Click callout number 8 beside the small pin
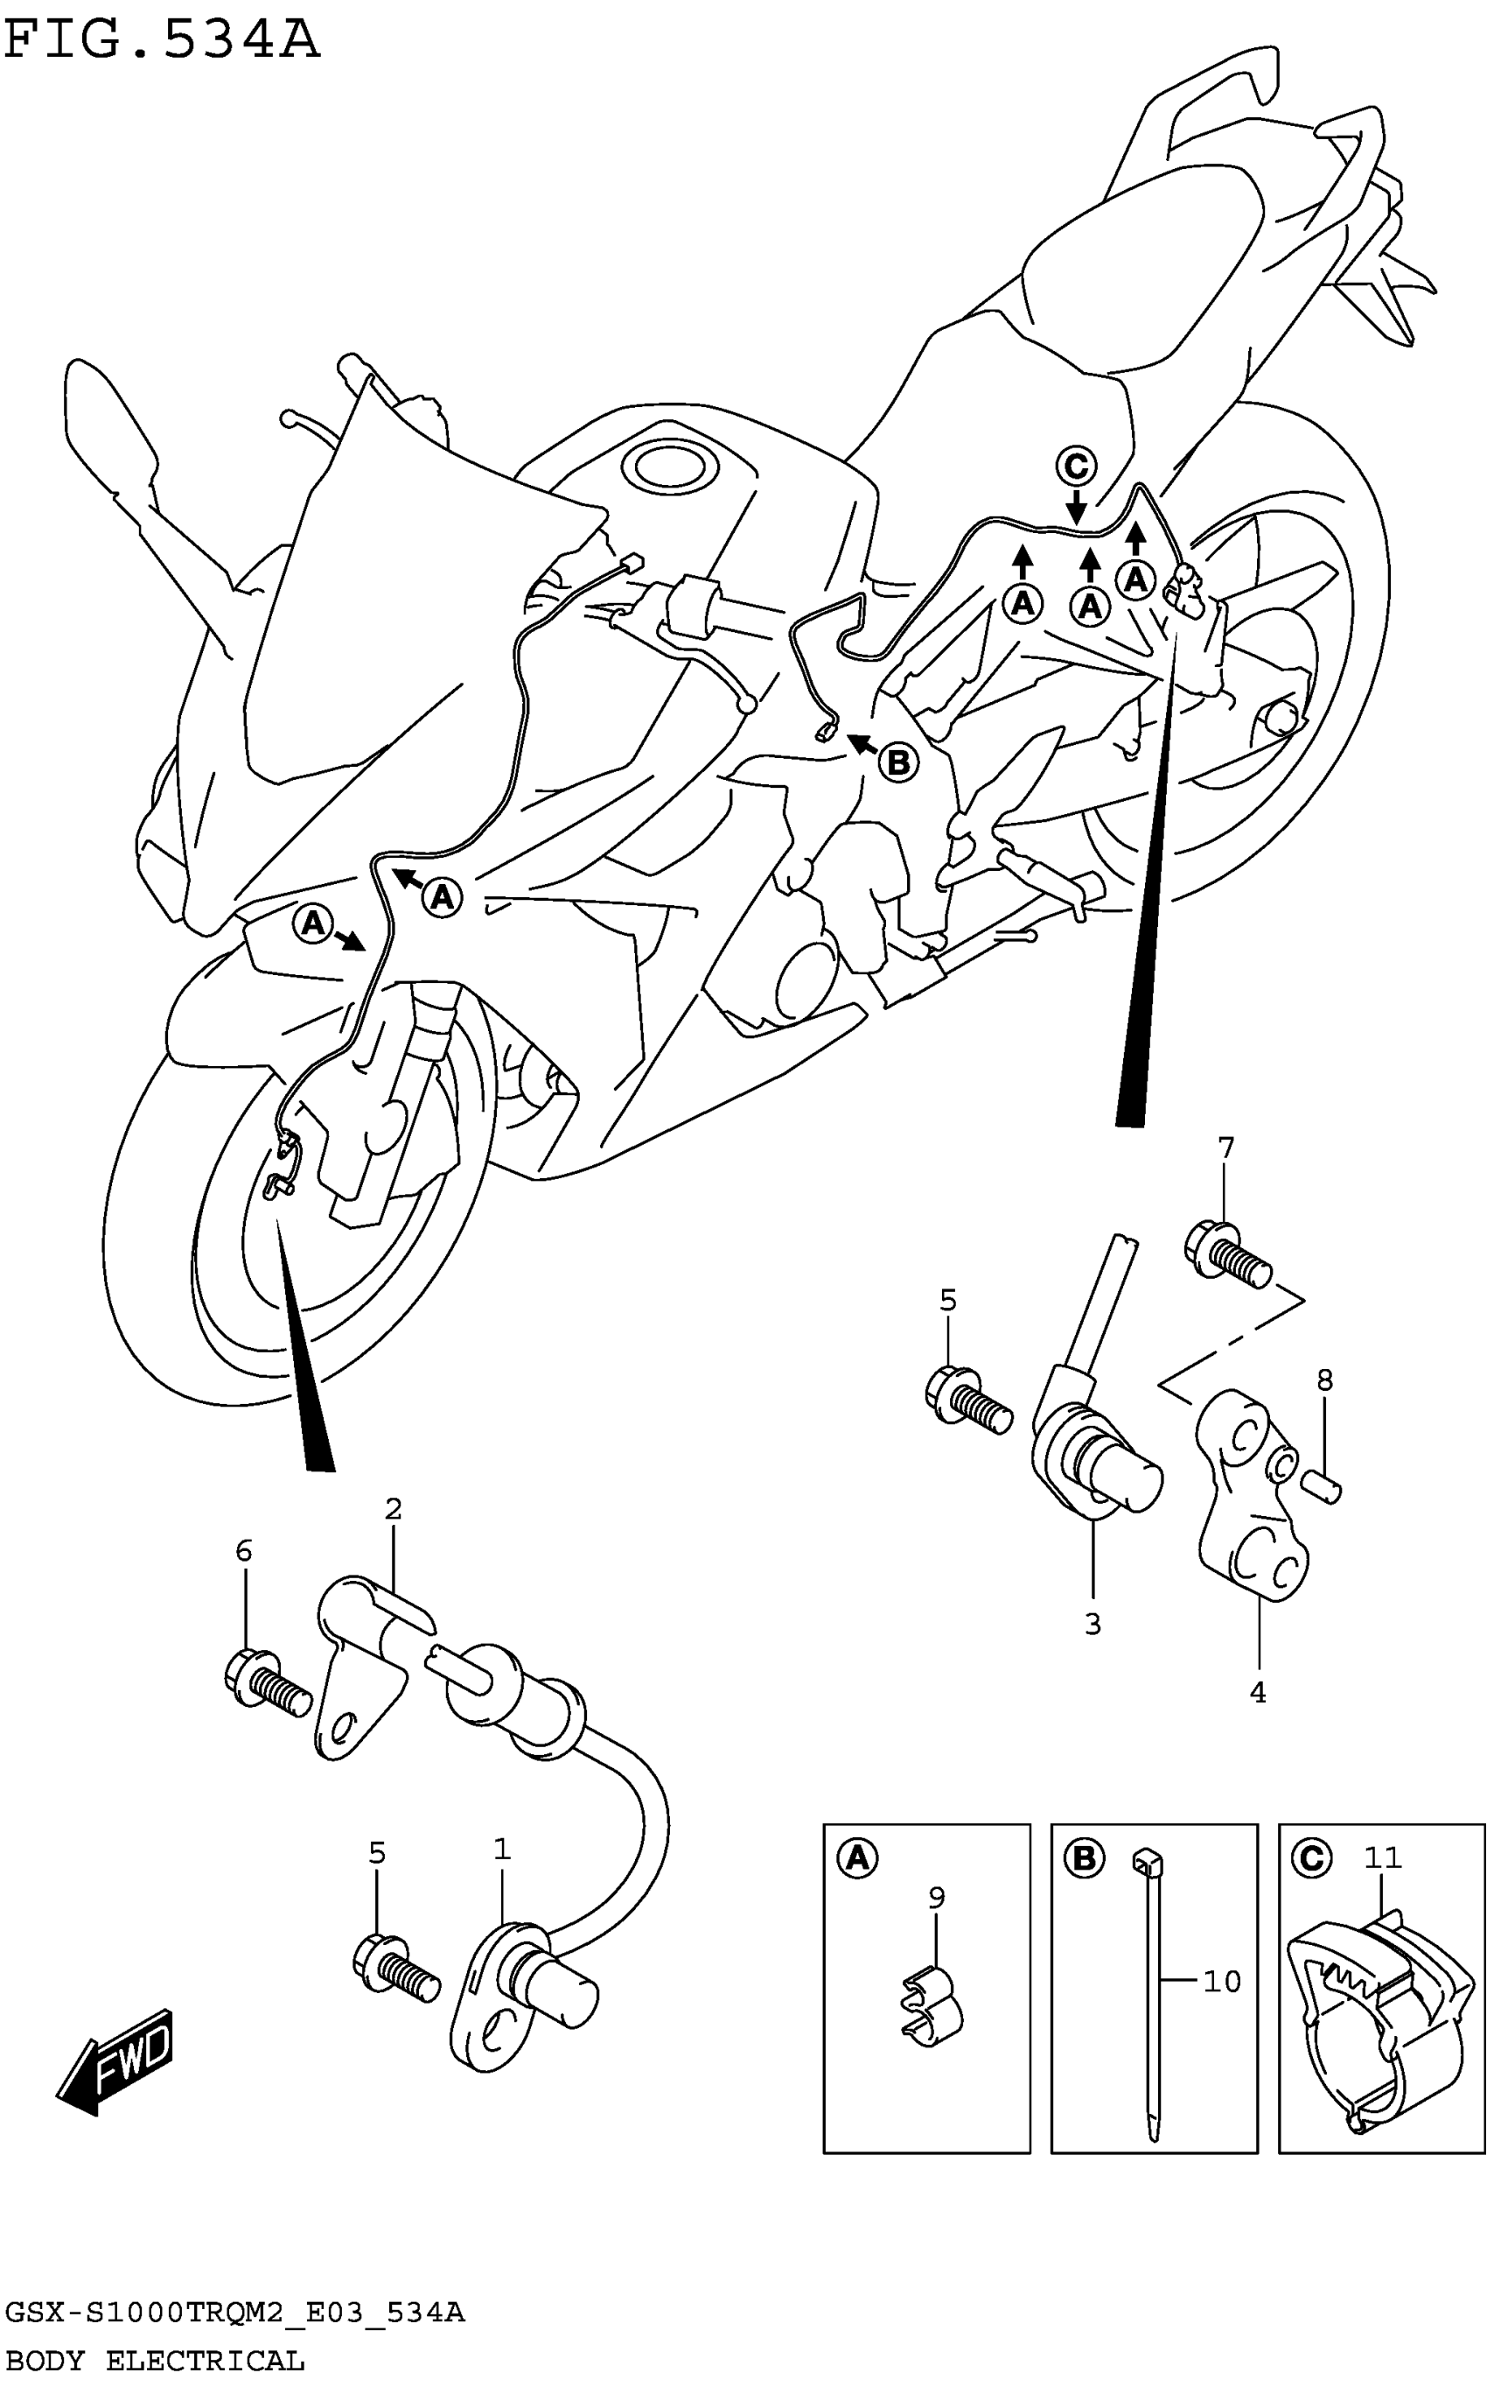tap(1324, 1380)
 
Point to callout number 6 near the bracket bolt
tap(244, 1551)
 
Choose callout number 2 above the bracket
tap(394, 1508)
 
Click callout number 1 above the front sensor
tap(501, 1850)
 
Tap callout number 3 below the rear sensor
tap(1093, 1624)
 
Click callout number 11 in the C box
tap(1382, 1857)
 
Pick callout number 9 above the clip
tap(936, 1897)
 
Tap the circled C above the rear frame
tap(1076, 466)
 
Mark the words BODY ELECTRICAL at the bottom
tap(155, 2360)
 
